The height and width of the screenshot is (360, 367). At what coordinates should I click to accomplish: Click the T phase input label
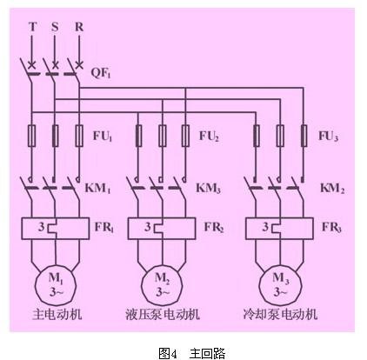click(33, 27)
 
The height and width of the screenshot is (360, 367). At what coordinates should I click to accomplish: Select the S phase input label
click(55, 27)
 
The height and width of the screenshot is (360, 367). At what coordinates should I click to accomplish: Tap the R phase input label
click(79, 27)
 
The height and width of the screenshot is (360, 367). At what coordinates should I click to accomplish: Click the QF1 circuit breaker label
click(101, 72)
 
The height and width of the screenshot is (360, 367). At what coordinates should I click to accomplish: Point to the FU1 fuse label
click(103, 136)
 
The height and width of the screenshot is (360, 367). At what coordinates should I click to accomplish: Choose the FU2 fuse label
click(209, 136)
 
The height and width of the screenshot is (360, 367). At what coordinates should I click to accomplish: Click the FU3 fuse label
click(328, 136)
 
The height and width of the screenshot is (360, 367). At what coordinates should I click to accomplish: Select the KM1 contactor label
click(97, 188)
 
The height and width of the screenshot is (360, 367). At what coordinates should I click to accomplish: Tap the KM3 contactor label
click(208, 188)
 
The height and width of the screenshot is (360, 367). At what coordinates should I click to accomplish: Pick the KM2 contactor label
click(332, 188)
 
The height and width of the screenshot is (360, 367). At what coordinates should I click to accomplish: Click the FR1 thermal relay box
click(55, 229)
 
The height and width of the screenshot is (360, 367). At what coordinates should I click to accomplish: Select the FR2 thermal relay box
click(162, 229)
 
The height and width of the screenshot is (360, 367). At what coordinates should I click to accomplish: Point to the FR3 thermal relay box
click(279, 229)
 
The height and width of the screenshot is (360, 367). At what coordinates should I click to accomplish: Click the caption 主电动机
click(57, 314)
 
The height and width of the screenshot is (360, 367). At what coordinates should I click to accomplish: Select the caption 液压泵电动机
click(163, 314)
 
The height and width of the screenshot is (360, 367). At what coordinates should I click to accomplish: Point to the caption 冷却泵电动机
click(280, 314)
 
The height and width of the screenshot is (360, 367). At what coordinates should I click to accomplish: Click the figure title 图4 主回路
click(192, 353)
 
